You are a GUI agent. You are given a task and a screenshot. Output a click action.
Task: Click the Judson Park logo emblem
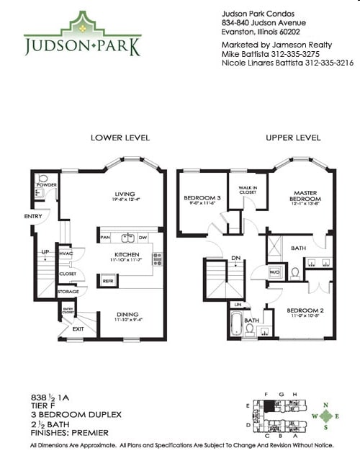coord(83,27)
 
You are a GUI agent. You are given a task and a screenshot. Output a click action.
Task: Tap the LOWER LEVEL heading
coord(119,138)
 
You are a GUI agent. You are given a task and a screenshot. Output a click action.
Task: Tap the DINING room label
coord(129,314)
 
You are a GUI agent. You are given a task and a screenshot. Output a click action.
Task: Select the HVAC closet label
coord(66,254)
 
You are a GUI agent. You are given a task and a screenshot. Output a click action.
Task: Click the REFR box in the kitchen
coord(108,281)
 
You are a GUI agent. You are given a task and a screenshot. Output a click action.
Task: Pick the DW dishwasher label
coord(143,238)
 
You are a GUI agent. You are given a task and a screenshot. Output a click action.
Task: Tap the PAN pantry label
coord(105,238)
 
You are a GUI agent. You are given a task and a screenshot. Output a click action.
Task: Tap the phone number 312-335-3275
coord(306,53)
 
